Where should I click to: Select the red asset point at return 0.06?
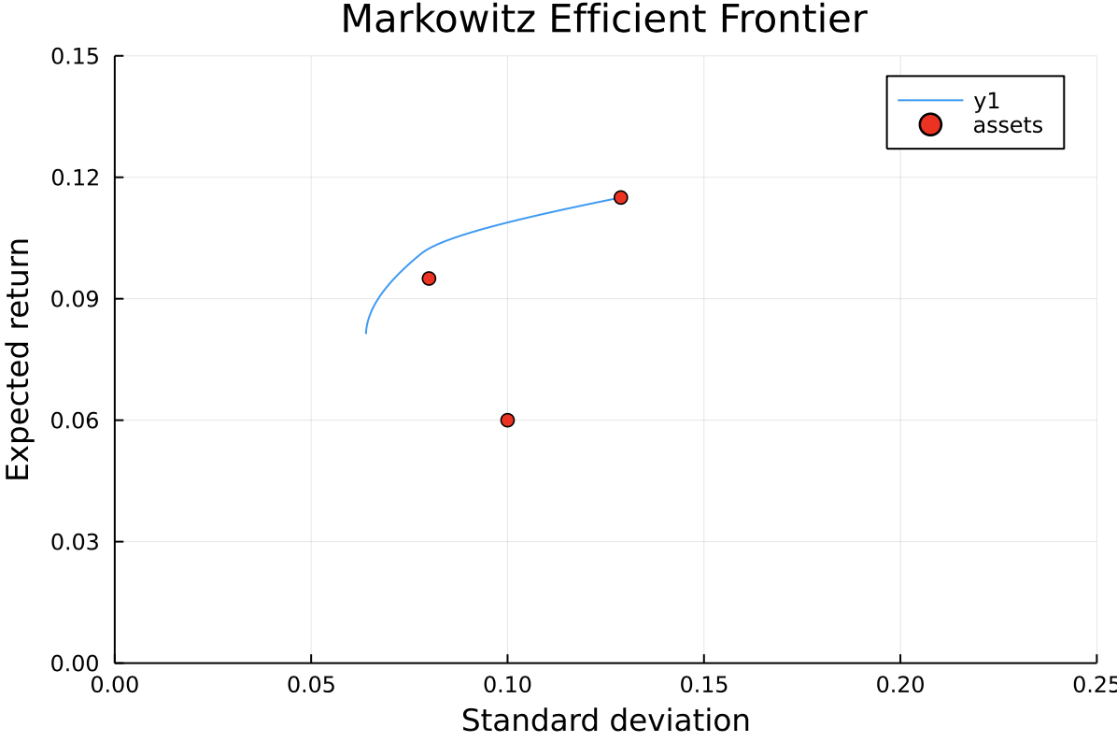tap(507, 420)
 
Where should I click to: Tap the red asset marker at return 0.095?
tap(429, 278)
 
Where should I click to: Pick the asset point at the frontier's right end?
tap(620, 197)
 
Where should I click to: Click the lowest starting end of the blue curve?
tap(366, 332)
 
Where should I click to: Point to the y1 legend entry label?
tap(986, 101)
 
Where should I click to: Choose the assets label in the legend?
tap(1007, 125)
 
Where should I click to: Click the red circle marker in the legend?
tap(930, 124)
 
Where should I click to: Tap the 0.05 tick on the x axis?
tap(311, 685)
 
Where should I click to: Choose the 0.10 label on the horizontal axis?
tap(507, 685)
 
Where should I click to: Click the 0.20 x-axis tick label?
tap(899, 685)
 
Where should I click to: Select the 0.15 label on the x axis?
tap(703, 685)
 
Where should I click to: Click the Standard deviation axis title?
tap(605, 721)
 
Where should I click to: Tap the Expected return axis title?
tap(19, 360)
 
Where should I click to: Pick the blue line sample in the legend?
tap(930, 101)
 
